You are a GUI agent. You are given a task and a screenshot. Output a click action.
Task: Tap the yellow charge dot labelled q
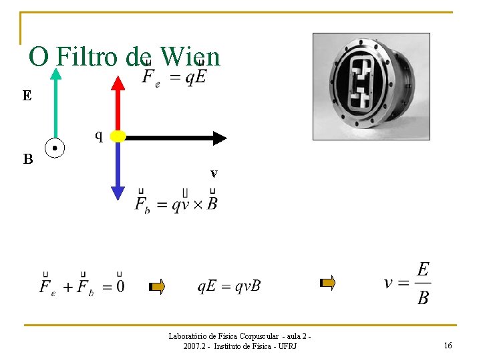[x=118, y=136]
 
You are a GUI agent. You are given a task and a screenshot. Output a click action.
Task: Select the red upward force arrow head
[x=118, y=83]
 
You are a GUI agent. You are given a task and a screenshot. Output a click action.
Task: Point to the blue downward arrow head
[x=118, y=193]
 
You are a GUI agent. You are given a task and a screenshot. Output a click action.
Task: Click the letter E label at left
[x=27, y=96]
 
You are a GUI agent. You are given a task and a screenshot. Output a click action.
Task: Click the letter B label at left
[x=27, y=160]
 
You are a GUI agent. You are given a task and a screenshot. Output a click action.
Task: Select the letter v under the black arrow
[x=214, y=173]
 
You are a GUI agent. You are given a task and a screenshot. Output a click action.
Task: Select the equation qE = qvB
[x=228, y=286]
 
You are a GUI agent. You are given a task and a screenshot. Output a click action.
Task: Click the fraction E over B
[x=422, y=283]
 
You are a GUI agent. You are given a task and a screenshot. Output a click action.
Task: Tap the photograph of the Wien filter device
[x=371, y=86]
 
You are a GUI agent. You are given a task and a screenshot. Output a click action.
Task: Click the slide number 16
[x=448, y=345]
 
